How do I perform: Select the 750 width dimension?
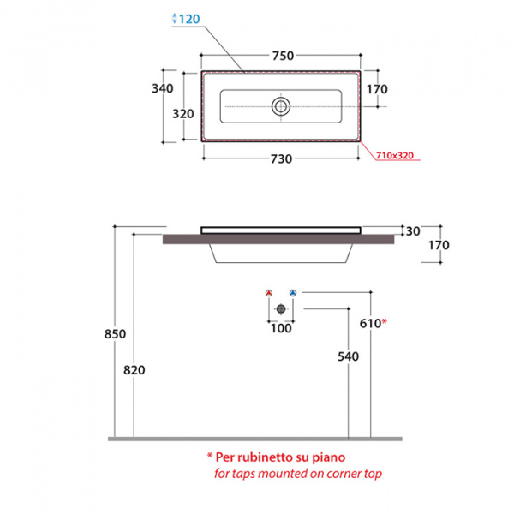pos(283,56)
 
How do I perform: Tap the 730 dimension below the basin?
pos(281,159)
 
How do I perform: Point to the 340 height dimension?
pos(162,88)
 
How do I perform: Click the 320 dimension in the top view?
pos(183,114)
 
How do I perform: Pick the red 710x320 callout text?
pos(395,155)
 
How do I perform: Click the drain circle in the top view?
pos(281,106)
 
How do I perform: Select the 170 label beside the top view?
pos(377,89)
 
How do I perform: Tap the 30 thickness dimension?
pos(413,231)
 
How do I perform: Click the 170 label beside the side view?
pos(439,245)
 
